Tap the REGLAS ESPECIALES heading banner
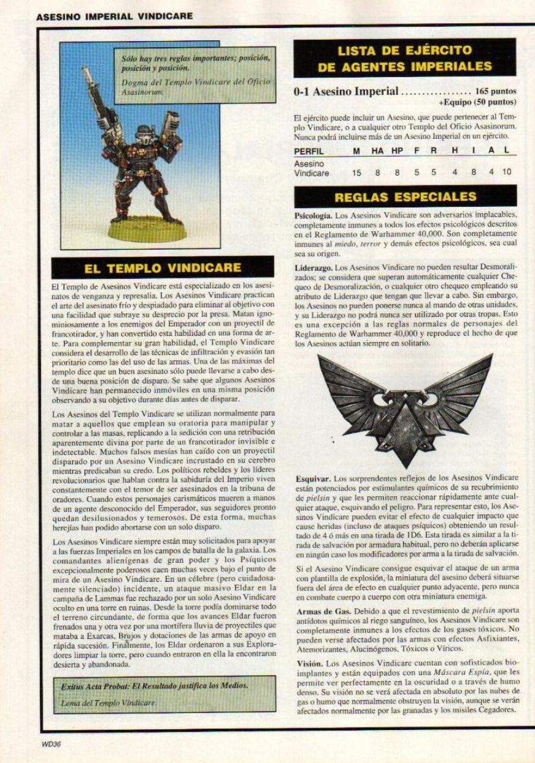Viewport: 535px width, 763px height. [405, 196]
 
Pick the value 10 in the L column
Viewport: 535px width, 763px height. [506, 173]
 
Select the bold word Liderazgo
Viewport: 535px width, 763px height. [314, 268]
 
